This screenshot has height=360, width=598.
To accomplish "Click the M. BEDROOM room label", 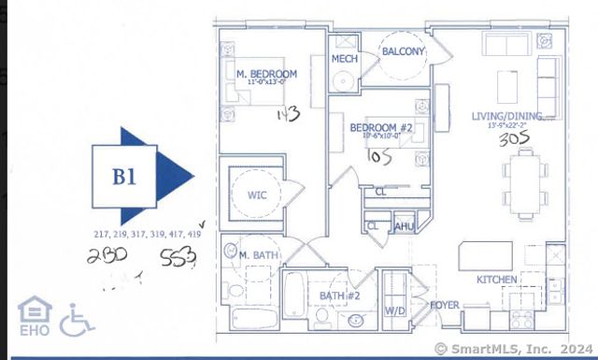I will point(266,73).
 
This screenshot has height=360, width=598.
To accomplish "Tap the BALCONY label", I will point(403,51).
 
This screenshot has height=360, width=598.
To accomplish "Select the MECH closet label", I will point(345,59).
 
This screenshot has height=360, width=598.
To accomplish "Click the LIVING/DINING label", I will point(513,117).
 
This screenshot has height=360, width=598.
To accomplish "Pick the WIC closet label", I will point(258,196).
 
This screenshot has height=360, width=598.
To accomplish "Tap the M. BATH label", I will point(257,255).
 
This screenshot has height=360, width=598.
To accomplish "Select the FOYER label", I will point(444,305).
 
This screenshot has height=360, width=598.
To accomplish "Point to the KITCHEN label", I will point(498,280).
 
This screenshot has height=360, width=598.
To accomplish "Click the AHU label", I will point(405,226).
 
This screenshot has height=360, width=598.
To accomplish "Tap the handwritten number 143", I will point(287,114).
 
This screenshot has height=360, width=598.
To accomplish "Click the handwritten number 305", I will point(514,139).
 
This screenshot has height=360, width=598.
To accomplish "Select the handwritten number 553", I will point(178,258).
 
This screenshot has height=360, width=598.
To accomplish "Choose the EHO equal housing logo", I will point(34,316).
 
